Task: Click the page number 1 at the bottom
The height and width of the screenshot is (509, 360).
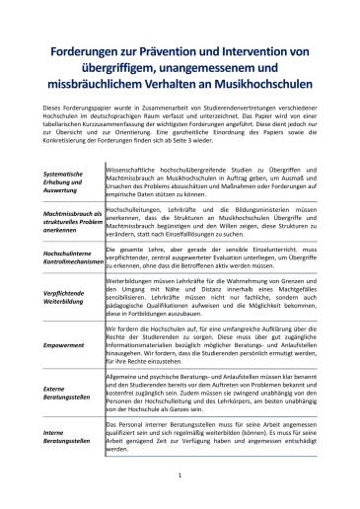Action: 180,477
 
